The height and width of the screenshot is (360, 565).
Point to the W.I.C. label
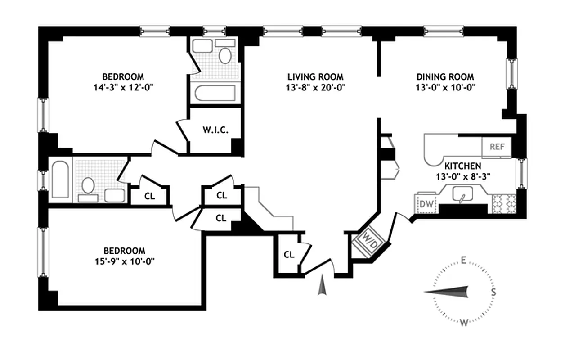click(x=215, y=130)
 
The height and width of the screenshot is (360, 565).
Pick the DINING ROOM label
click(x=445, y=77)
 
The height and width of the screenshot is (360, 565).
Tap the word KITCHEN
click(x=463, y=166)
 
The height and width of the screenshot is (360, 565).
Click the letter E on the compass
click(x=462, y=260)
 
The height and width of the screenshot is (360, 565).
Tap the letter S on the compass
click(x=493, y=291)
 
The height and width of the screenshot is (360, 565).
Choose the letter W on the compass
click(x=464, y=322)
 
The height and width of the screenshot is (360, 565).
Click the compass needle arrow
click(x=448, y=292)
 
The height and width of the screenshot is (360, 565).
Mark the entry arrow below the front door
click(x=321, y=286)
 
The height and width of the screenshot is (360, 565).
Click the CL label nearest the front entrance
click(x=289, y=254)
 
